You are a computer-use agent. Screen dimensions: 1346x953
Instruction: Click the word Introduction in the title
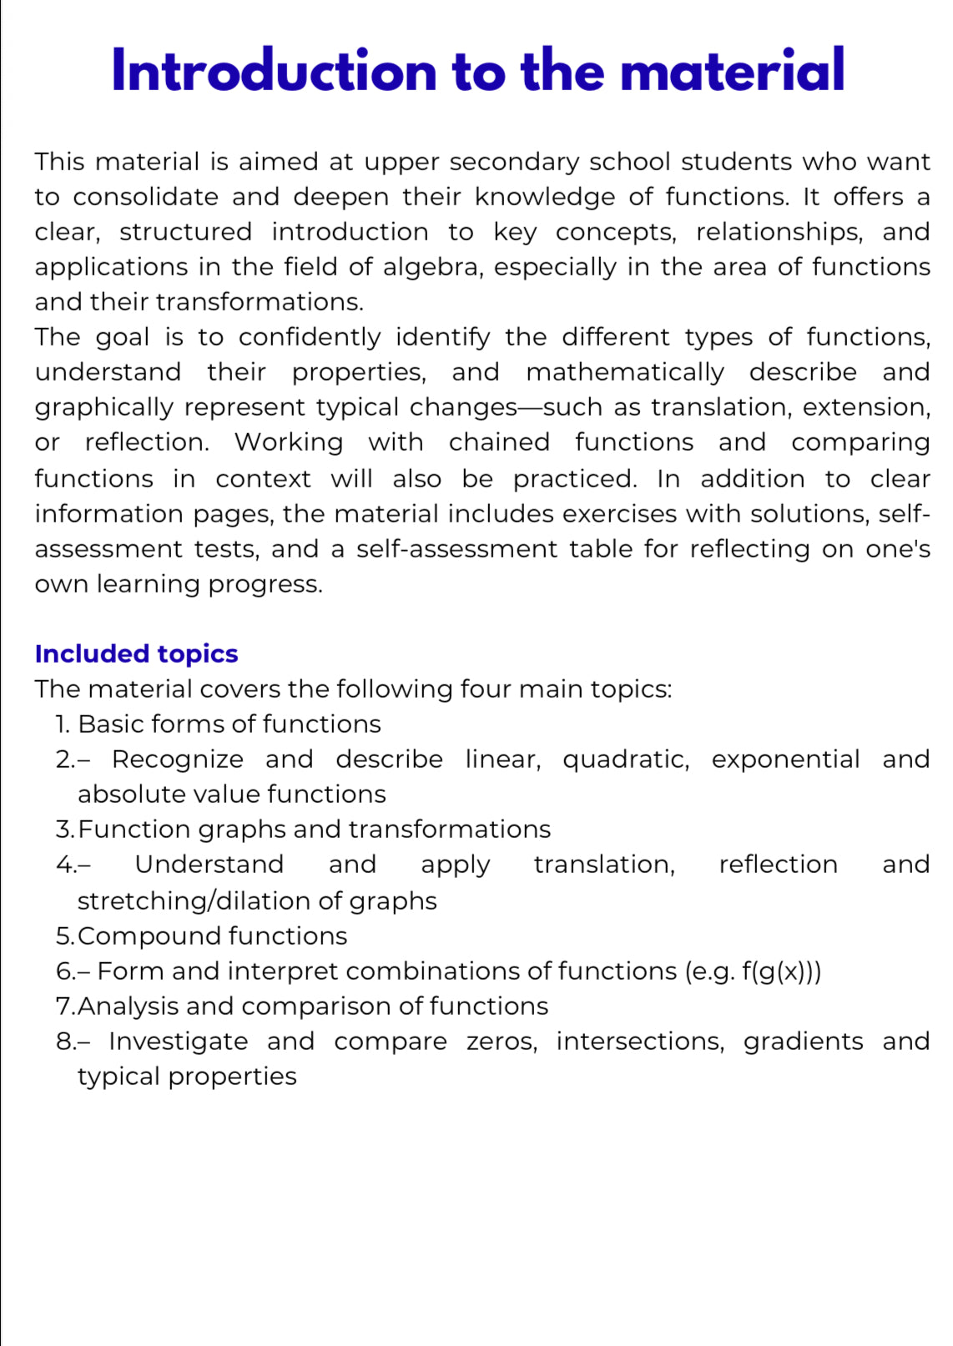click(274, 71)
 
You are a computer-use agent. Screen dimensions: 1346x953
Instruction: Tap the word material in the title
click(733, 71)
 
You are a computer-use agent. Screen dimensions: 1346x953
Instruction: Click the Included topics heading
click(136, 653)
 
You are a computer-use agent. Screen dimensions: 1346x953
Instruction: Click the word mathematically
click(625, 372)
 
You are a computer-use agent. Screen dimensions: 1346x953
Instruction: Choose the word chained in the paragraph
click(499, 442)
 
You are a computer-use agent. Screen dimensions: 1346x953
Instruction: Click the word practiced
click(575, 479)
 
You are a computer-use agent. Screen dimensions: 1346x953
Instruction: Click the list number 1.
click(63, 724)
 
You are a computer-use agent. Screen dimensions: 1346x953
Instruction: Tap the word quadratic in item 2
click(626, 759)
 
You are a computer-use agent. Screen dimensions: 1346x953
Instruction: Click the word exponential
click(785, 759)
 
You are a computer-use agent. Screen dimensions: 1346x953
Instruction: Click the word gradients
click(803, 1041)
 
